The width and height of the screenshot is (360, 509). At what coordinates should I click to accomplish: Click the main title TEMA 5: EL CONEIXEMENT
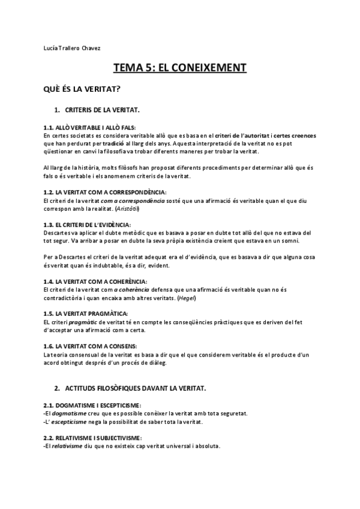tap(179, 69)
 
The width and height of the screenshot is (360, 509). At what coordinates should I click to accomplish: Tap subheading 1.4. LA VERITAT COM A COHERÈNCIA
tap(95, 282)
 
